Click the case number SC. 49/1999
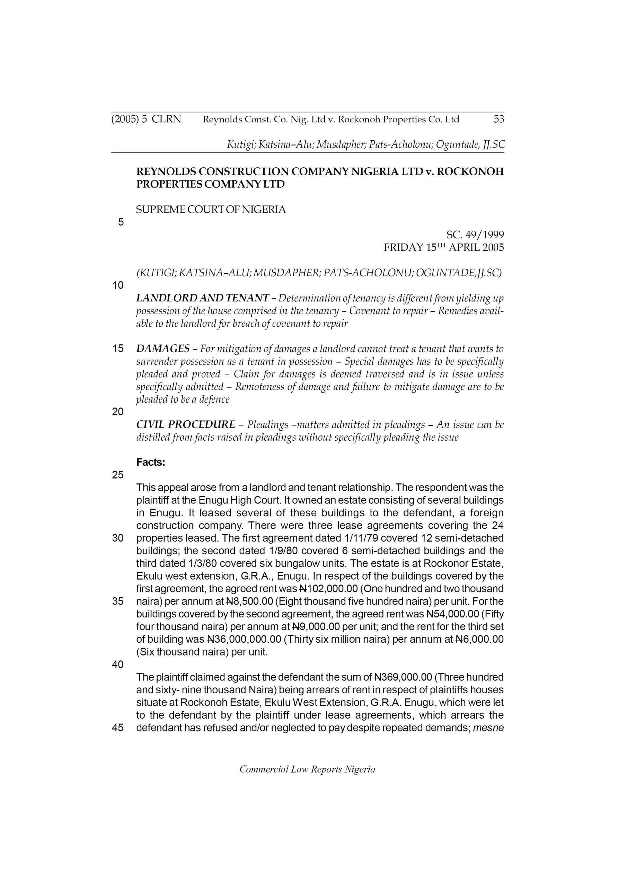pos(475,235)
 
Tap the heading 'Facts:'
pos(151,463)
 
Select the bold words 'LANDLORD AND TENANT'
pos(202,298)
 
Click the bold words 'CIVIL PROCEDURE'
pos(186,424)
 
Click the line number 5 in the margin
pos(121,222)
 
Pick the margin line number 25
pos(118,475)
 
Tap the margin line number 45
pos(118,728)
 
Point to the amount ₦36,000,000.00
pos(244,639)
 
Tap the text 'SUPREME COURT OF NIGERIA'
pos(211,210)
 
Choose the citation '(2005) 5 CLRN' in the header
pos(146,120)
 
